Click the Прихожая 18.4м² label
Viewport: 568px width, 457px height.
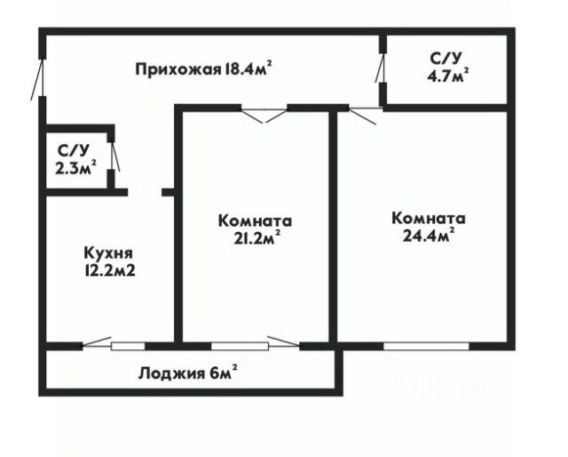click(203, 68)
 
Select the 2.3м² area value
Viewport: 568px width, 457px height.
click(75, 166)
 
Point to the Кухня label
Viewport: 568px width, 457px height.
click(103, 252)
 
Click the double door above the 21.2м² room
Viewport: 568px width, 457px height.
click(264, 112)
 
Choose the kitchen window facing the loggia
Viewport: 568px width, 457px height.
click(128, 346)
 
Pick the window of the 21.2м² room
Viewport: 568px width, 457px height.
click(241, 346)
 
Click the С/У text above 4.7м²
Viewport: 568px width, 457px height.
click(446, 59)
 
